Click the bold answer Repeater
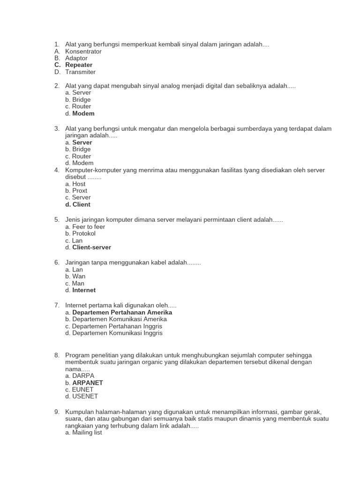pos(79,65)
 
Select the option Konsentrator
pos(83,52)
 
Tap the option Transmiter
pos(80,72)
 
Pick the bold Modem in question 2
pos(83,113)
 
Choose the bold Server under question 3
pos(82,142)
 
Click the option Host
pos(79,184)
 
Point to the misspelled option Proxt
pos(80,191)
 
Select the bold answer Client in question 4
pos(81,204)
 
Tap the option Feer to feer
pos(89,227)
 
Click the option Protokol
pos(84,233)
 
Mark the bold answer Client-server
pos(91,247)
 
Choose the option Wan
pos(79,277)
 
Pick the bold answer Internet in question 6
pos(84,290)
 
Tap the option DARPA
pos(83,376)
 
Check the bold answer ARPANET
pos(88,383)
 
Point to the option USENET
pos(85,397)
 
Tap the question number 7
pos(57,306)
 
